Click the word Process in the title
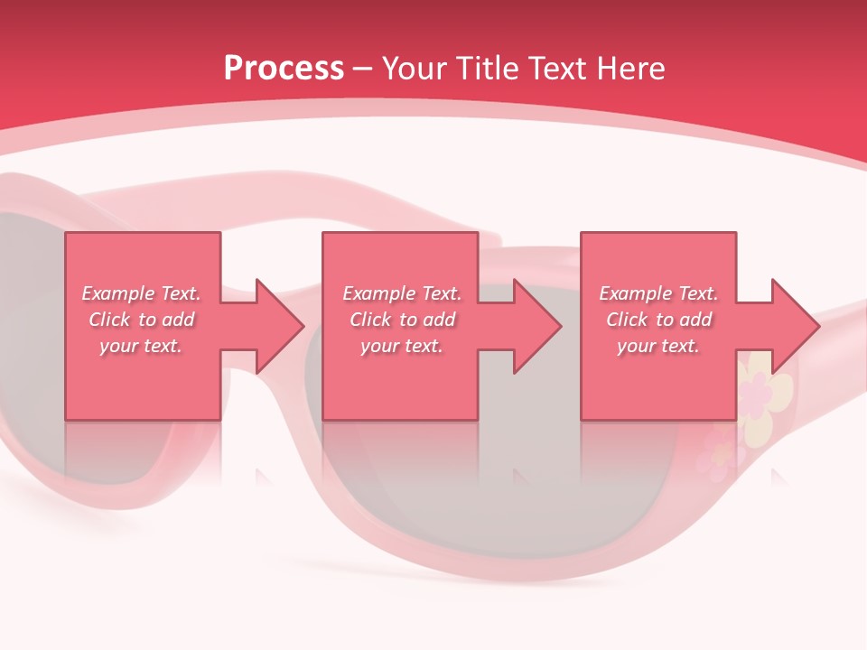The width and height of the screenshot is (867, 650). pos(284,69)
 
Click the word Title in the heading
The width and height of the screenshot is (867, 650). pos(485,69)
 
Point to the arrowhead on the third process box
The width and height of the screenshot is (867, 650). pos(794,326)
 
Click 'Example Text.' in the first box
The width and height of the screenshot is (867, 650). pos(141,293)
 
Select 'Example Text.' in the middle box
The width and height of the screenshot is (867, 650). pos(402,293)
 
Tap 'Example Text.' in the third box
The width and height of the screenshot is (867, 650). pos(658,293)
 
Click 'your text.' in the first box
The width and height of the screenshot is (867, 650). pos(141,346)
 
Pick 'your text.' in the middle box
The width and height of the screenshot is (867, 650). pos(402,346)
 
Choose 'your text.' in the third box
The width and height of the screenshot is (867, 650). pos(658,346)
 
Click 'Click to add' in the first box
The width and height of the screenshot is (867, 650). pos(141,320)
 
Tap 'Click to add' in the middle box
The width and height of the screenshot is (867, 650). pos(402,320)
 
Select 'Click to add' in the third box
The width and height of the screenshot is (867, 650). pos(658,320)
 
